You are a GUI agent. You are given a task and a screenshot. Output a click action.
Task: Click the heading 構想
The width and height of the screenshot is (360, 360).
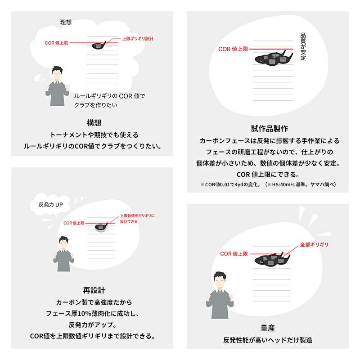coord(94,123)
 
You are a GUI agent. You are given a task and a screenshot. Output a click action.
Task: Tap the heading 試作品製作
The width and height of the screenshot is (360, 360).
coord(270,129)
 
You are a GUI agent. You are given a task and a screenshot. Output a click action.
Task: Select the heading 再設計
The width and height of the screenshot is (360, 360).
coord(94,290)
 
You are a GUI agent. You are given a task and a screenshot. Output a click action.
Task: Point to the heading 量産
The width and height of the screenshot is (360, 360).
coord(268,328)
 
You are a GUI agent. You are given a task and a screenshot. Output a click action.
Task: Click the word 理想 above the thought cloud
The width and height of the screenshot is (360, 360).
coord(66,22)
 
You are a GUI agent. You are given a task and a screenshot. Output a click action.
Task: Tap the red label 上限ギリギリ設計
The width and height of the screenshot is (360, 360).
coord(138,39)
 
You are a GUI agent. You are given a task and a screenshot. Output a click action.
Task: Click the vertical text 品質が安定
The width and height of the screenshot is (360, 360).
coord(303,47)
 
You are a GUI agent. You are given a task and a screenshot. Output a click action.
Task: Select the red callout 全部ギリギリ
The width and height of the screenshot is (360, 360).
coord(314,245)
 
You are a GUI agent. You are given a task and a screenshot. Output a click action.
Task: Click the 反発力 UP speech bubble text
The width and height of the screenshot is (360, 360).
coord(51,205)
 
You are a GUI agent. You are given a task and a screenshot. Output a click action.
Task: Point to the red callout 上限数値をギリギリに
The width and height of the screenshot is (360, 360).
coord(137,216)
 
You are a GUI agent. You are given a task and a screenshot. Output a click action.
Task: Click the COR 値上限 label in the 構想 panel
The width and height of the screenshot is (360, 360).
coord(56,43)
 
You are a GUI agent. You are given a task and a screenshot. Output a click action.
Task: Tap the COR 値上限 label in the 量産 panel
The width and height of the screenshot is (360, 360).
coord(234,254)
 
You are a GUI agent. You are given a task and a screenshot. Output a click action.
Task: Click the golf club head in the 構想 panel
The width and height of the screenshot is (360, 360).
coord(99,45)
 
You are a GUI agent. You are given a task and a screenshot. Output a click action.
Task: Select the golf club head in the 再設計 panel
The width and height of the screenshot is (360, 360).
coord(101,227)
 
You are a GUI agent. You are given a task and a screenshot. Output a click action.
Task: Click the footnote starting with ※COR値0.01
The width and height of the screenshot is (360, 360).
coord(268,184)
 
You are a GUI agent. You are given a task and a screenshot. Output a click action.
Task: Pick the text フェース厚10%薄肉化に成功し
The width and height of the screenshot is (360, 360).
coord(93,313)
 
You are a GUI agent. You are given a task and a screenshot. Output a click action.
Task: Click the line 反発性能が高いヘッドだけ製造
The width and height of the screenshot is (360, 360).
coord(268,340)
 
